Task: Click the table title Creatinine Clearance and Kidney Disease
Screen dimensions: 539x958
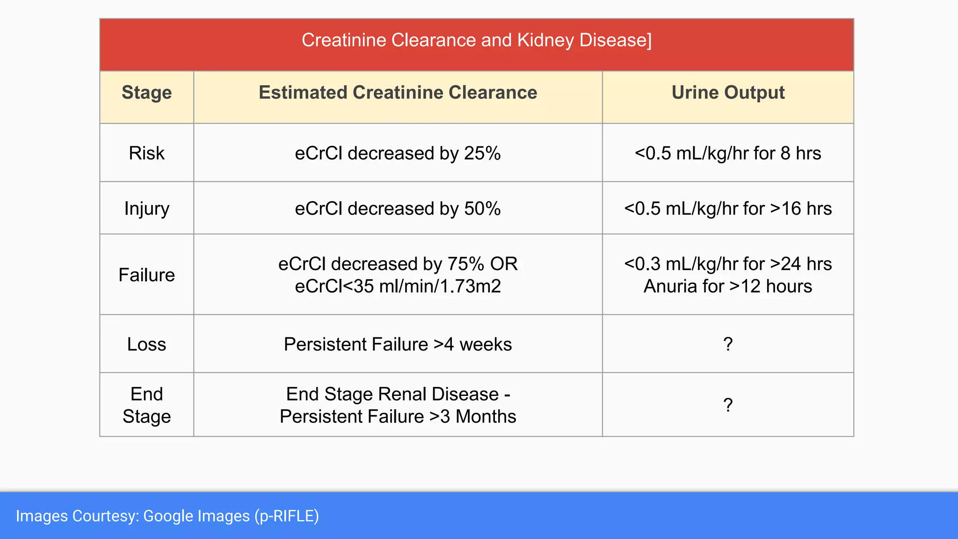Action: [476, 40]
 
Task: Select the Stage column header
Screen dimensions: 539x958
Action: [146, 93]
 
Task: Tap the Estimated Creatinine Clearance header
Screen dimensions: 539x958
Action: [398, 93]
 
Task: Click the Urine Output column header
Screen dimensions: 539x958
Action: [728, 93]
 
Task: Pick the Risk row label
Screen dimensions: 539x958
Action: [146, 153]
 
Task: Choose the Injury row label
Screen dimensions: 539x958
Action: [146, 209]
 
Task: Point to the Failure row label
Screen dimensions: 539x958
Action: [146, 275]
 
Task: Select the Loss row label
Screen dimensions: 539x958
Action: [146, 344]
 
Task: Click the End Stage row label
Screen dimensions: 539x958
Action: [146, 405]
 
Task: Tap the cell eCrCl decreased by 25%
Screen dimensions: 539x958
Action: [398, 153]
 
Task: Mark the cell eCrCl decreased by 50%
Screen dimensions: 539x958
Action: [398, 209]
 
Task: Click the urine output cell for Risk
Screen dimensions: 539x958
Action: [728, 153]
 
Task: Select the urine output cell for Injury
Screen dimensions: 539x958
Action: [728, 209]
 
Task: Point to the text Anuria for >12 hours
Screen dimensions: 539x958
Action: [728, 286]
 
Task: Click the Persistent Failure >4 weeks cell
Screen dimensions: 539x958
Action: [398, 344]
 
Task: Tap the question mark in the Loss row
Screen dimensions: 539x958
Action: [728, 344]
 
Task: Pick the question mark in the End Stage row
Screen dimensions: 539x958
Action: [728, 405]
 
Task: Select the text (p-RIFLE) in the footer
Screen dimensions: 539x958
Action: [287, 516]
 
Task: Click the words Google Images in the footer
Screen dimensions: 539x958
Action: [196, 516]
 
